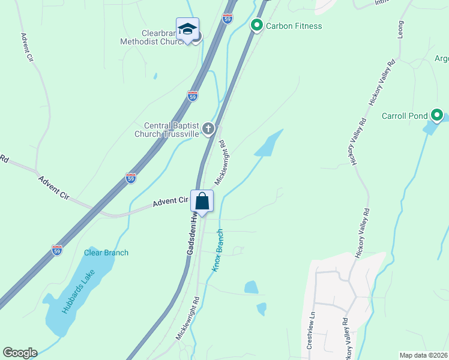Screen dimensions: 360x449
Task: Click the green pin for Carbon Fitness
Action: click(x=257, y=25)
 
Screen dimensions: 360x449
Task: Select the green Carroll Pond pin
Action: click(x=437, y=115)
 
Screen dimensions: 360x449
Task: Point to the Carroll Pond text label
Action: click(x=404, y=116)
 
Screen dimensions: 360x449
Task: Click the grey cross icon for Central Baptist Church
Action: click(x=208, y=128)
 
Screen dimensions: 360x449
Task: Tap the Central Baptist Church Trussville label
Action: click(x=171, y=130)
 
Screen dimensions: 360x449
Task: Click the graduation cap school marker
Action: click(x=187, y=29)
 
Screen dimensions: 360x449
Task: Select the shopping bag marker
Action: click(x=203, y=201)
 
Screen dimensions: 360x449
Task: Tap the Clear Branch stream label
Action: click(x=106, y=253)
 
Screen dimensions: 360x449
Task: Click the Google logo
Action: click(x=20, y=353)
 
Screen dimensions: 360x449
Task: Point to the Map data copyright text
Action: click(x=424, y=355)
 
